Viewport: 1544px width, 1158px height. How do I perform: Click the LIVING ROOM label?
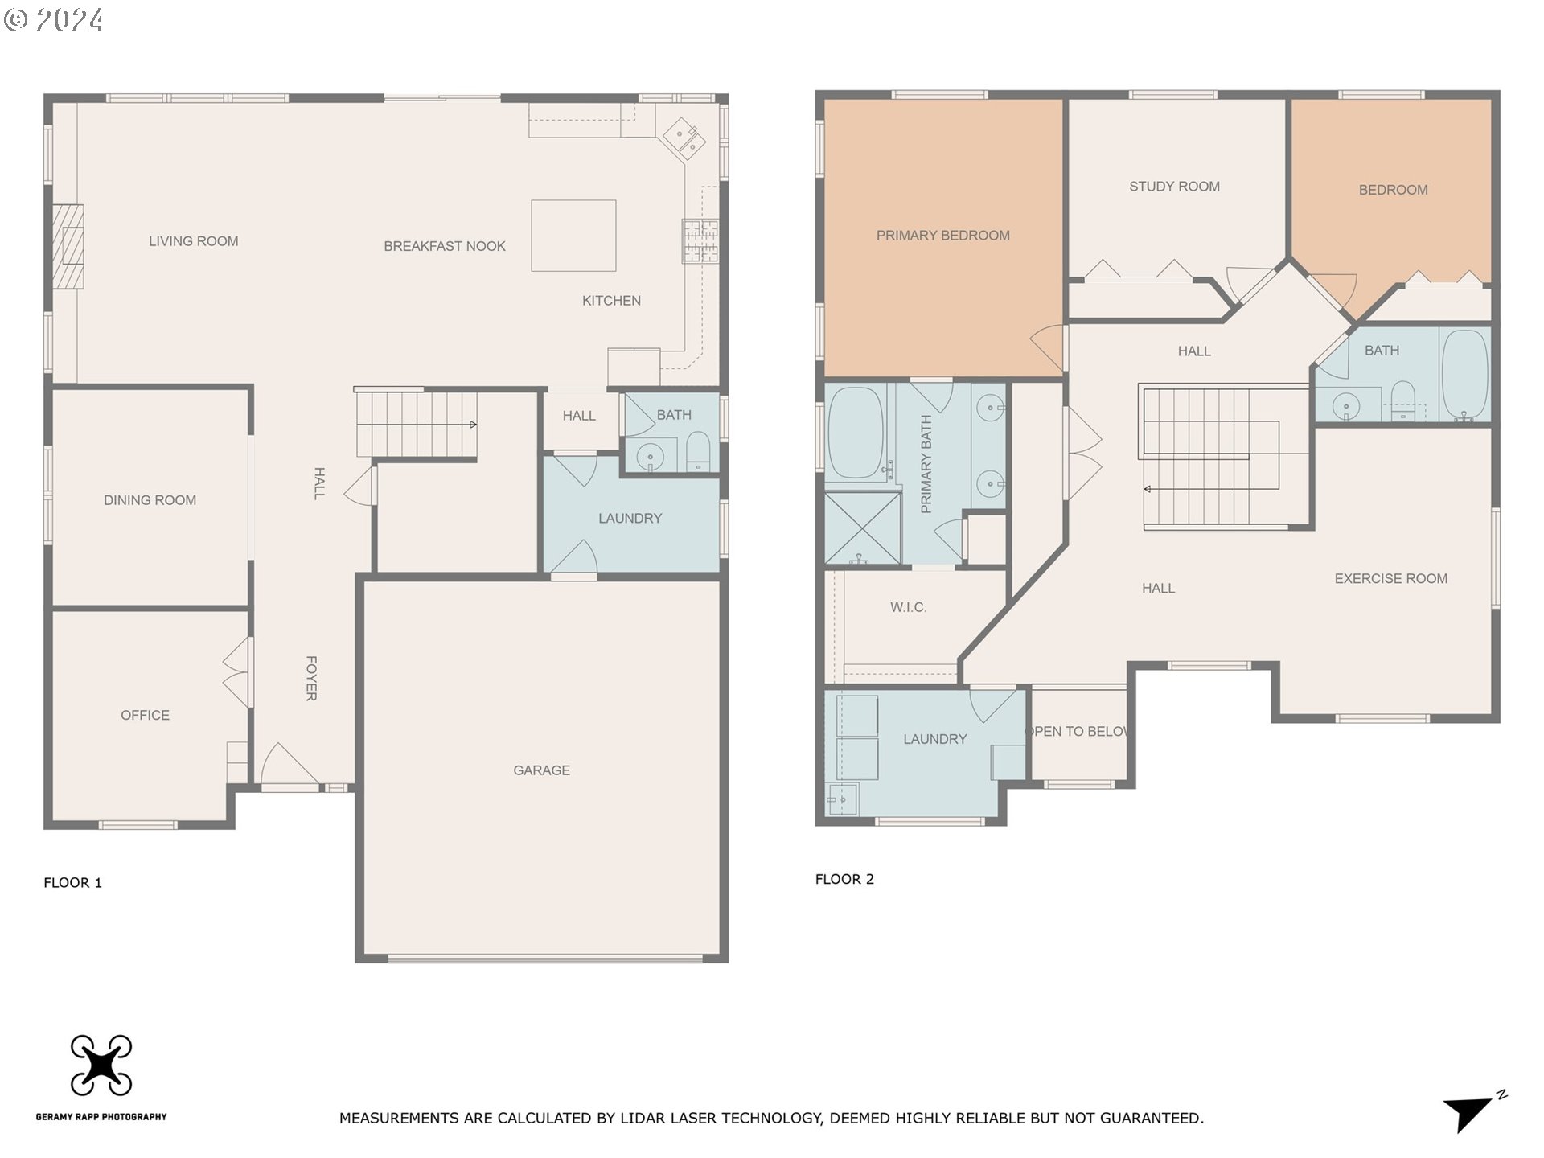[x=193, y=241]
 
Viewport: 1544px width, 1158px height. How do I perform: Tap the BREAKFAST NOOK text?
[x=445, y=246]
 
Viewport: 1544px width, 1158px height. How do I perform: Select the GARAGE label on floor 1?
[x=542, y=770]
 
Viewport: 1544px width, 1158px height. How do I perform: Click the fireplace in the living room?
[x=68, y=246]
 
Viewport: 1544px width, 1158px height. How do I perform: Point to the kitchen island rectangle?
[x=573, y=236]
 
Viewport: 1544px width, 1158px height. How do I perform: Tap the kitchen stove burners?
[x=700, y=241]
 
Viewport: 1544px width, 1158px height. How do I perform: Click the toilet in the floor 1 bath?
[x=698, y=452]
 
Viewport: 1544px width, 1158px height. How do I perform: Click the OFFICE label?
[x=145, y=716]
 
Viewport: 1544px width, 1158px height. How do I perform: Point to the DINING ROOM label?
[x=150, y=500]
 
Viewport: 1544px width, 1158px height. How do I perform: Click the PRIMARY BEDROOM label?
[x=943, y=236]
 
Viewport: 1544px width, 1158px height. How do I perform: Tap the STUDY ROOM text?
[x=1174, y=187]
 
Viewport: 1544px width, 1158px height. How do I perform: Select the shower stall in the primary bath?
[x=863, y=528]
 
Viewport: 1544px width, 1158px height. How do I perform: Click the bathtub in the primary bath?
[x=856, y=433]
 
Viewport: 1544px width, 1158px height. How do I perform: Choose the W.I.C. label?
[x=908, y=608]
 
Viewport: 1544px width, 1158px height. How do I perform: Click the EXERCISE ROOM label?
[x=1390, y=579]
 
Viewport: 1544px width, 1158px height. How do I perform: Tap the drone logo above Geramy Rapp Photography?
[x=101, y=1065]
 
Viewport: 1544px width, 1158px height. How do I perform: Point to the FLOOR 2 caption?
[x=844, y=880]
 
